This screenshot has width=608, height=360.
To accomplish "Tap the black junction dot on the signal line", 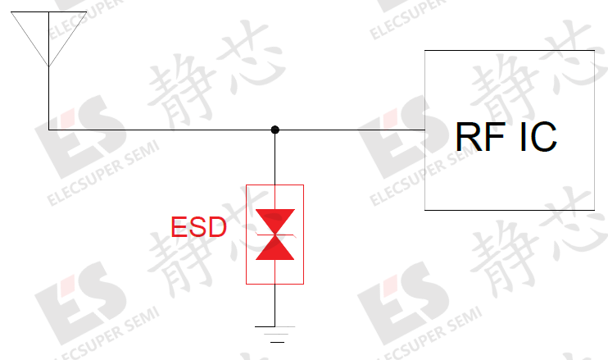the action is (x=275, y=130).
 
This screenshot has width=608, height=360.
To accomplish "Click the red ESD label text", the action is (x=198, y=227).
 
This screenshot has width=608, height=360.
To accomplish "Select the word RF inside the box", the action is (x=480, y=137).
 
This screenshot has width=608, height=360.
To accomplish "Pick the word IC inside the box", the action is (x=538, y=137).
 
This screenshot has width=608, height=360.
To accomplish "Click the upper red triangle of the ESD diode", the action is (x=275, y=221).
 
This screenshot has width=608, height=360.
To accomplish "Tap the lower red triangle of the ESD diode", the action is (x=275, y=248).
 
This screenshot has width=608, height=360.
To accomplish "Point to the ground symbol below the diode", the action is (x=275, y=335).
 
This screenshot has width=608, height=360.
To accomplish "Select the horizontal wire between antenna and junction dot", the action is (x=159, y=130).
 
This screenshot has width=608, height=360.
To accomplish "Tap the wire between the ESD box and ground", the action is (x=275, y=305).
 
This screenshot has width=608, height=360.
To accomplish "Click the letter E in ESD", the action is (x=179, y=227).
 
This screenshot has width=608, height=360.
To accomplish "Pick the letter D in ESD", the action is (x=218, y=227).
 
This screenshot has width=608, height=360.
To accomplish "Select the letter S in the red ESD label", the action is (x=198, y=227).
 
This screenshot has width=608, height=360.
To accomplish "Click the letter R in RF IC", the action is (x=468, y=137).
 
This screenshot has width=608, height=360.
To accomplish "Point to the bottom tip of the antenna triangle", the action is (x=49, y=66).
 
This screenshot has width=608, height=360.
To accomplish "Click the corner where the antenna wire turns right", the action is (x=49, y=130).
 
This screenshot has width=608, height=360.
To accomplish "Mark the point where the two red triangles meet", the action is (x=275, y=235).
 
